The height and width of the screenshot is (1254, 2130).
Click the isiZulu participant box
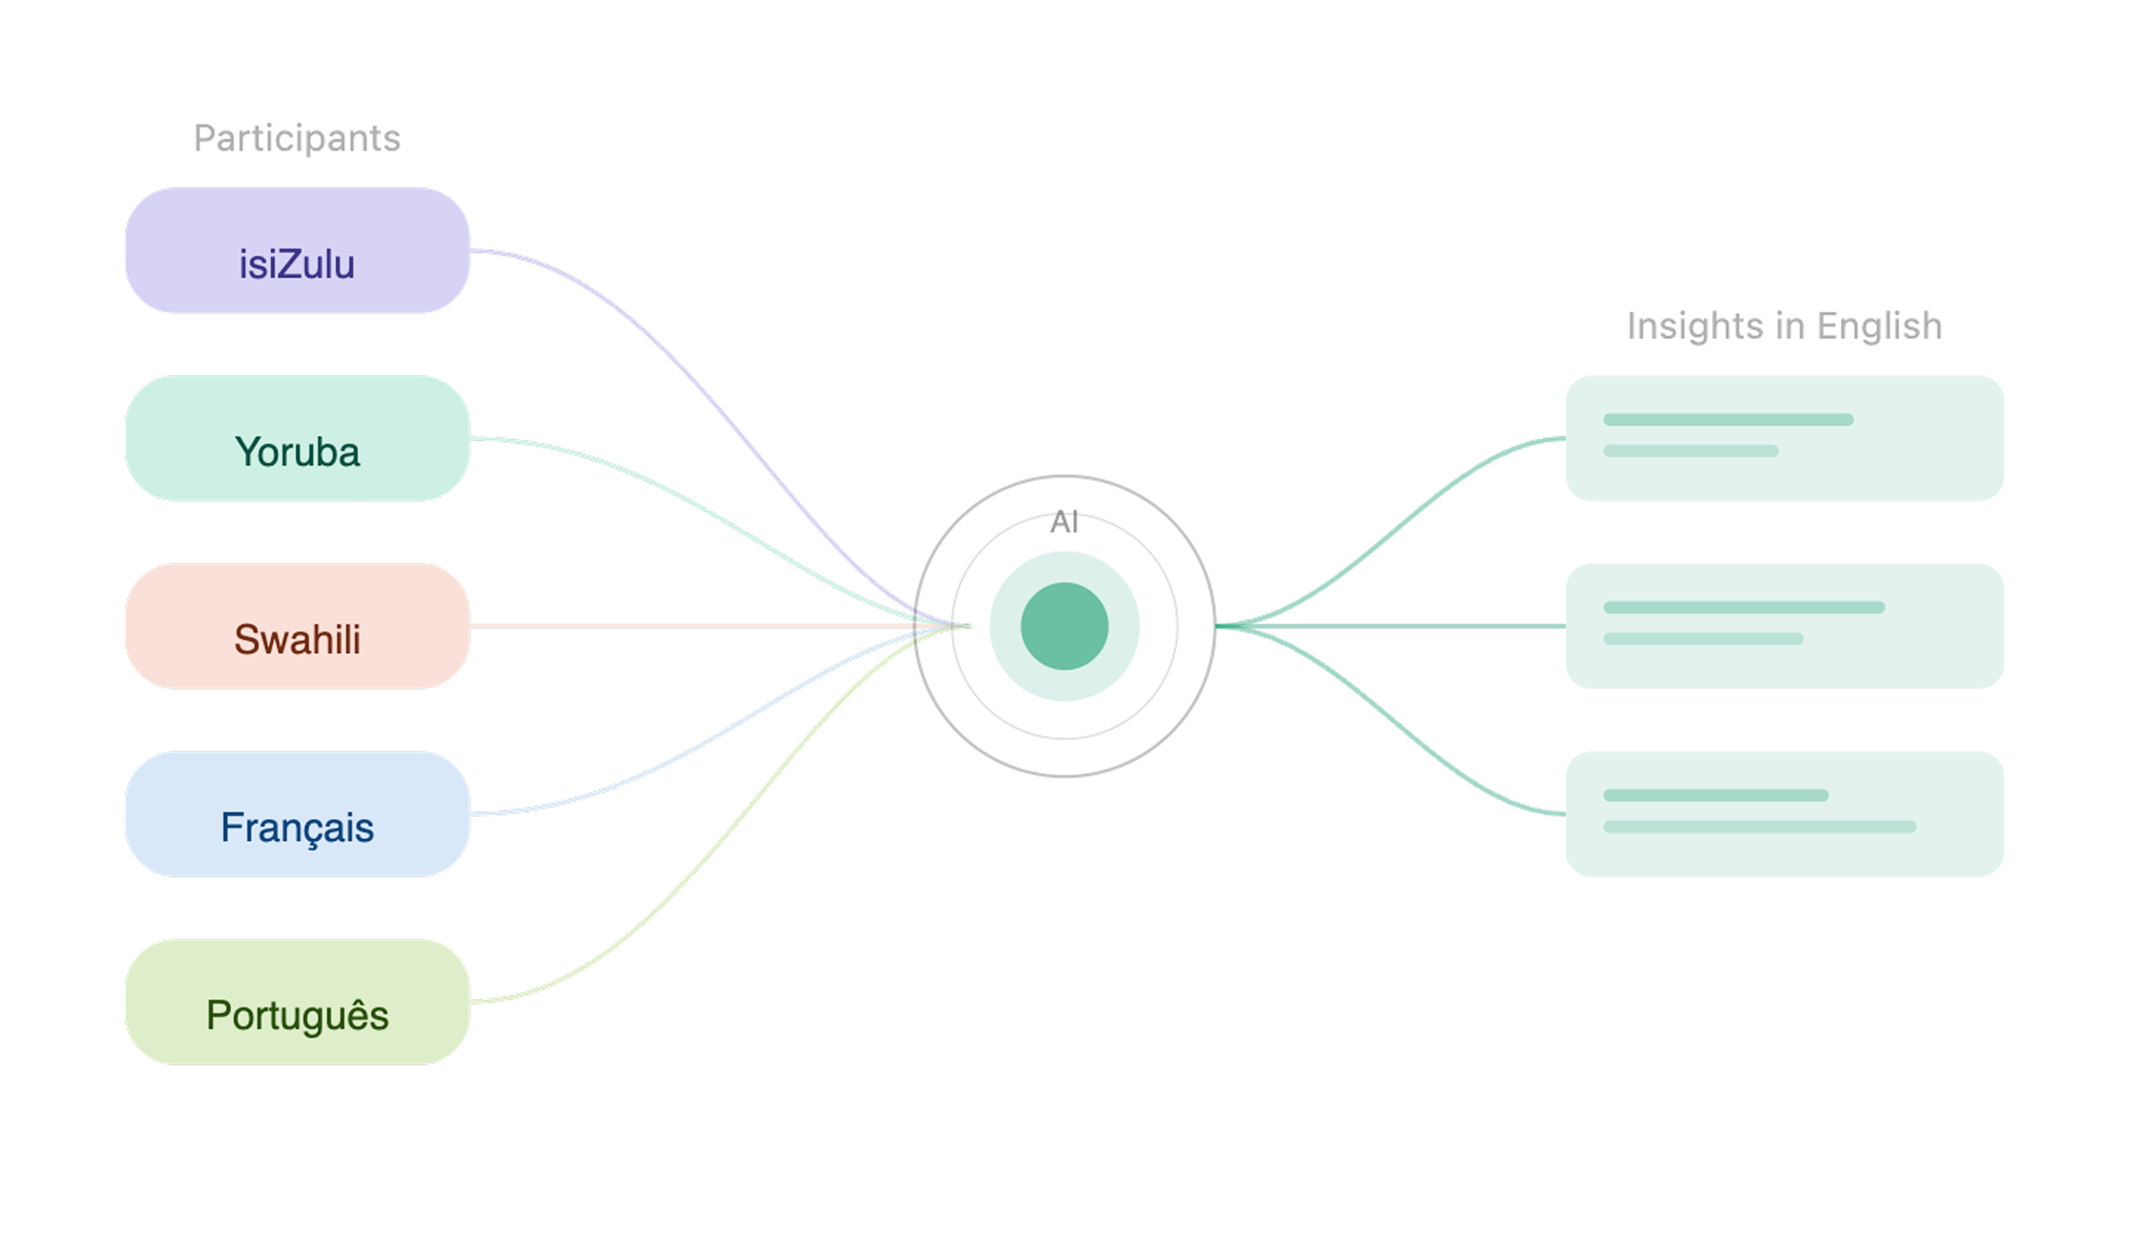point(298,250)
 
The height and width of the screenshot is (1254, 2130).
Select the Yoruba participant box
point(298,438)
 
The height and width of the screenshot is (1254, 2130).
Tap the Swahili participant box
point(298,626)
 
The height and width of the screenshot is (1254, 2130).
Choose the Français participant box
point(298,814)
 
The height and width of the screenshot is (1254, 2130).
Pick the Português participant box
point(298,1001)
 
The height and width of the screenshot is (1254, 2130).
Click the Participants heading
point(297,138)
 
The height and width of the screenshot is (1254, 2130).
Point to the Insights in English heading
point(1784,326)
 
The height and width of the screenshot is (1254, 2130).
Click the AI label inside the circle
point(1064,522)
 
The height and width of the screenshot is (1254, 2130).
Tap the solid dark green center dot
point(1064,626)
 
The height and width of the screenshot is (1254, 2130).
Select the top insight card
point(1784,438)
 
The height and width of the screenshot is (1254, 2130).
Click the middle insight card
point(1784,626)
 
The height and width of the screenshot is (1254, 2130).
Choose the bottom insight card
point(1784,814)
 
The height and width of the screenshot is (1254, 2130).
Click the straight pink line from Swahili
point(719,626)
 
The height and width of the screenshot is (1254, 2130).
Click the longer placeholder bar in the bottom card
point(1760,827)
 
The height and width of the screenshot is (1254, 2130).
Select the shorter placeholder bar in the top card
point(1690,451)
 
